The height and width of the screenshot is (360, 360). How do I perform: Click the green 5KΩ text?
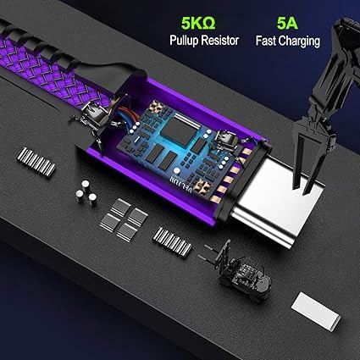pyautogui.click(x=198, y=23)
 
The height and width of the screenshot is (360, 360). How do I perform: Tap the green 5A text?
pyautogui.click(x=287, y=23)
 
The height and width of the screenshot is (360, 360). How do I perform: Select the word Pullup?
pyautogui.click(x=186, y=41)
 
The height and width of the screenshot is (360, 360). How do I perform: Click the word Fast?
pyautogui.click(x=266, y=41)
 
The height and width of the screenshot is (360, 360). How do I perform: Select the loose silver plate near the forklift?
pyautogui.click(x=316, y=312)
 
